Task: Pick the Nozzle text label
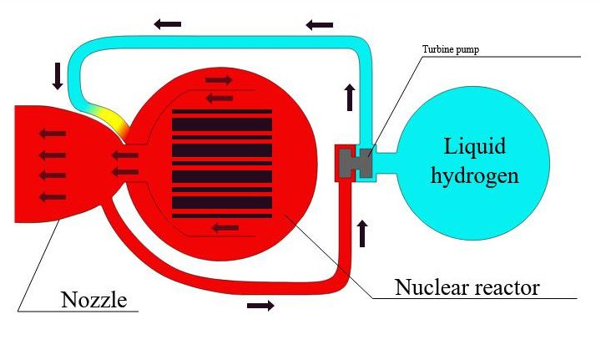coord(93,299)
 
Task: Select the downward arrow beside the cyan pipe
coord(58,76)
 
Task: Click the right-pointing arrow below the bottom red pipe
coord(260,306)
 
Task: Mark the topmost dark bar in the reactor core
coord(222,112)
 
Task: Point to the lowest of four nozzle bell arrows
coord(53,196)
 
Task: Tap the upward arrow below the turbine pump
coord(362,233)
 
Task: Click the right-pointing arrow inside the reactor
coord(219,79)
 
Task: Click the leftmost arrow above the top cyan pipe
coord(168,23)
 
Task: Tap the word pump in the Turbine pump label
coord(468,50)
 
